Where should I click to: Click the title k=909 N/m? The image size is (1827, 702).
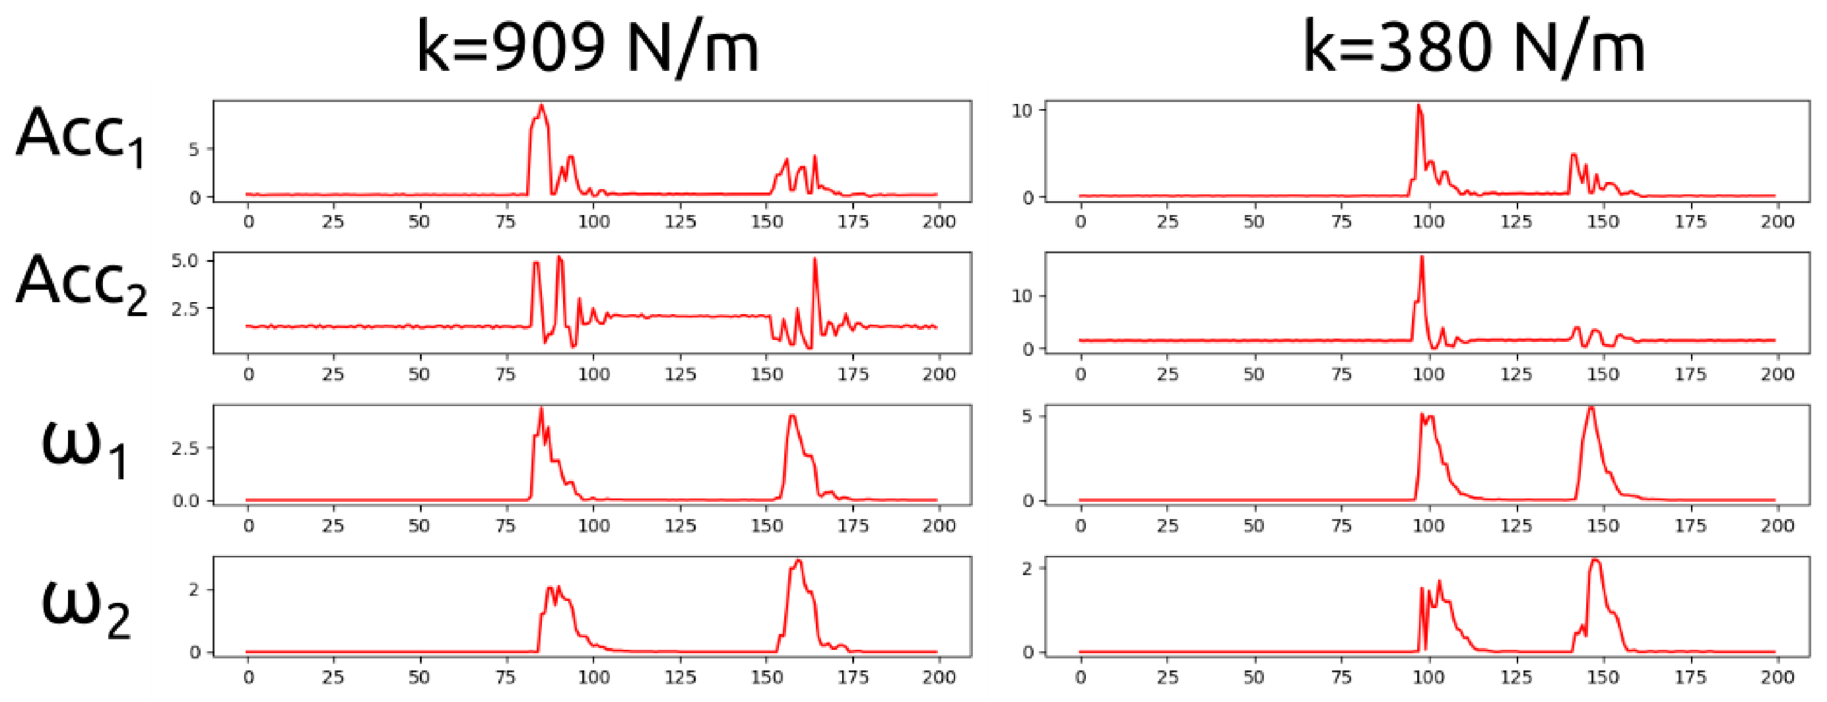587,47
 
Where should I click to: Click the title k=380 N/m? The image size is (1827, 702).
1474,47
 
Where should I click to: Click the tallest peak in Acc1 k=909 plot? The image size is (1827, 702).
542,106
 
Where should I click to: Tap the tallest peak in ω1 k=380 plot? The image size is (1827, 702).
1591,408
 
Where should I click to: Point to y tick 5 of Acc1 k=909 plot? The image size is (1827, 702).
193,149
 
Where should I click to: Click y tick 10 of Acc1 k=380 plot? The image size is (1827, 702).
1022,111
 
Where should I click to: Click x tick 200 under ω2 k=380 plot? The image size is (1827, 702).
1777,677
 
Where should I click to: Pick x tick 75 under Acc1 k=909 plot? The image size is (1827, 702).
506,222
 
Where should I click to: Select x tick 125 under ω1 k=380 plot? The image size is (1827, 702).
1516,525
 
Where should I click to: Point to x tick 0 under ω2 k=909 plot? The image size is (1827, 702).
248,677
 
